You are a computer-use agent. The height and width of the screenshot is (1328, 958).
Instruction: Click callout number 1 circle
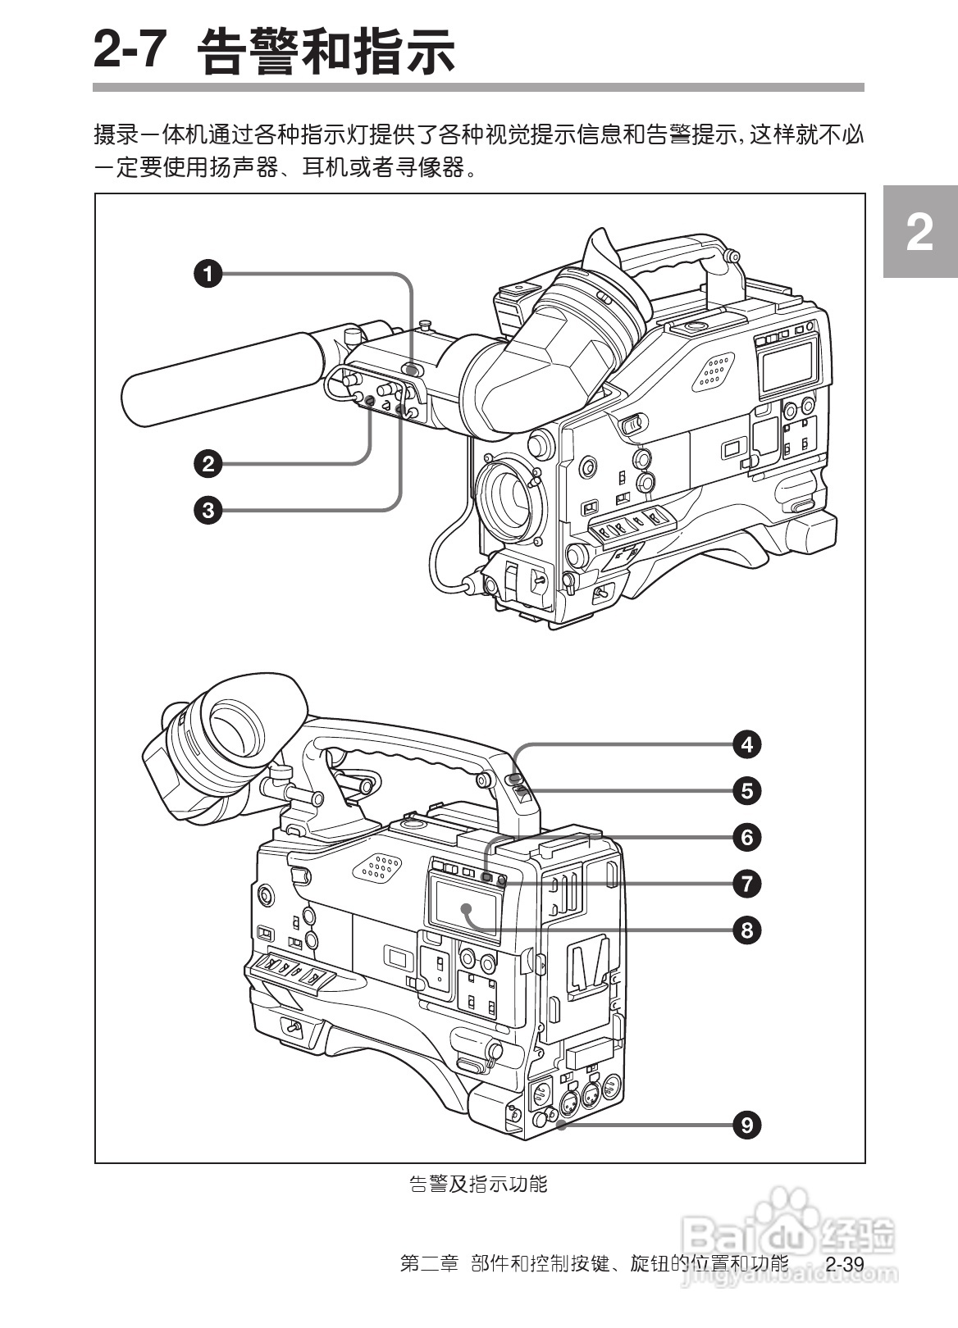208,273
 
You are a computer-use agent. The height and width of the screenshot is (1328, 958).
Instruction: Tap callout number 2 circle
208,464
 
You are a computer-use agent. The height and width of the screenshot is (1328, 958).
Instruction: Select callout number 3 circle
208,510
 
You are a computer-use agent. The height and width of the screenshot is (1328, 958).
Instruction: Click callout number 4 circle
746,744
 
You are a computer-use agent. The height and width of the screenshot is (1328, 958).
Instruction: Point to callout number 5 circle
746,790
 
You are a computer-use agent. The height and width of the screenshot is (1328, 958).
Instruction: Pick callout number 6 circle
746,837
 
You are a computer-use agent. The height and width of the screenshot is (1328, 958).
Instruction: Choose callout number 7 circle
746,883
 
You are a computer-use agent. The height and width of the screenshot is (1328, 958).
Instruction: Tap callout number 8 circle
746,930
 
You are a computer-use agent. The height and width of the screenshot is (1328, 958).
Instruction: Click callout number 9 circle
746,1125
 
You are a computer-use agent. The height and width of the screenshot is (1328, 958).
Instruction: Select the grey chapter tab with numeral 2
919,233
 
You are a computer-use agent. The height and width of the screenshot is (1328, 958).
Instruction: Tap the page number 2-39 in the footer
844,1263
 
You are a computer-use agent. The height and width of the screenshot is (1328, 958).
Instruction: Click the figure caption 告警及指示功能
478,1184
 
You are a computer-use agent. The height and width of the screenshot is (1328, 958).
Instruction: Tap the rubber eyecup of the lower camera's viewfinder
246,721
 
